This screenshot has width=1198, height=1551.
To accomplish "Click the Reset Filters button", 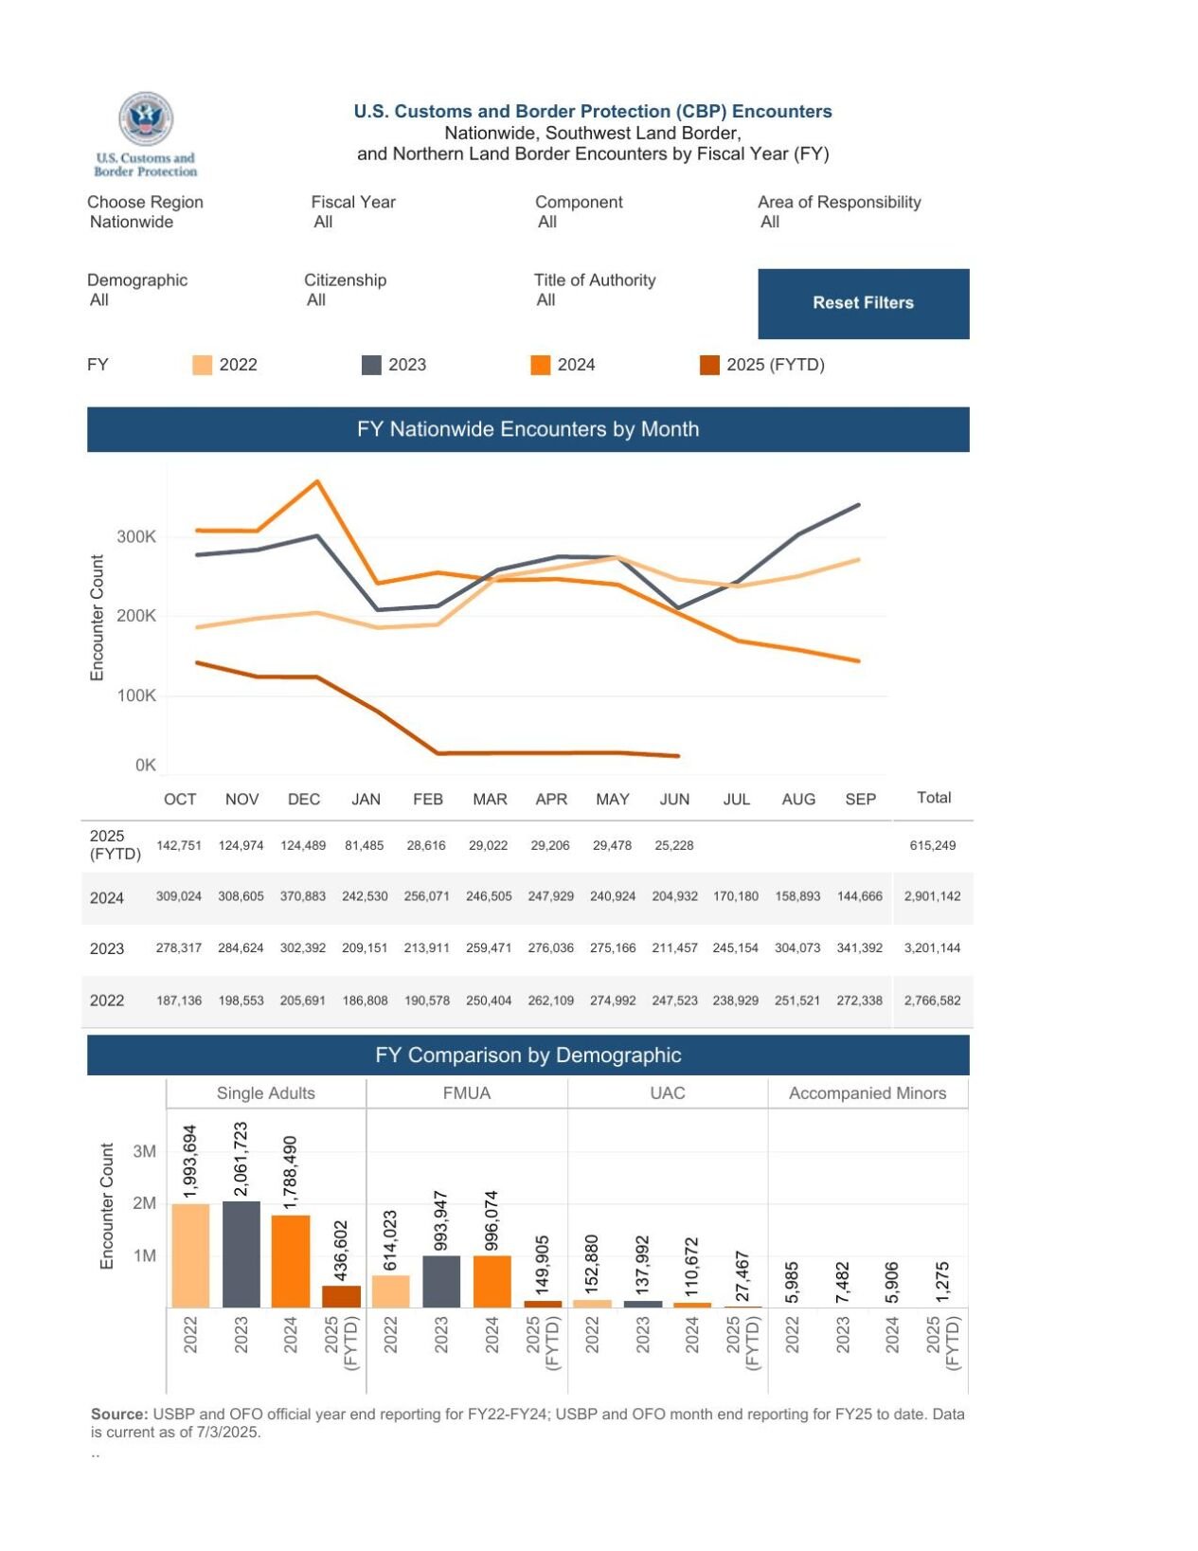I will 862,303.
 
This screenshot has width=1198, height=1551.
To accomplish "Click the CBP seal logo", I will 145,119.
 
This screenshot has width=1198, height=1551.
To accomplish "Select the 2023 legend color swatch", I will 371,365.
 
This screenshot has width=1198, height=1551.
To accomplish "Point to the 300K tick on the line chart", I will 136,536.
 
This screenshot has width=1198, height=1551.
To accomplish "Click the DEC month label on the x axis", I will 303,799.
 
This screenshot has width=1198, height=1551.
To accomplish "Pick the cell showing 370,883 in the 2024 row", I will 302,895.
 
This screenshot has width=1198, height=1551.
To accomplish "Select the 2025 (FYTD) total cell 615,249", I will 932,845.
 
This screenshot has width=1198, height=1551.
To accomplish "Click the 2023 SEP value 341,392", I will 859,947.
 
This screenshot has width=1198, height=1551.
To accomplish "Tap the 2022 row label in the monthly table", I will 107,1001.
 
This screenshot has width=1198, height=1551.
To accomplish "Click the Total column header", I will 933,797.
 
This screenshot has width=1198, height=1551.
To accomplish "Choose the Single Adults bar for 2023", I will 241,1254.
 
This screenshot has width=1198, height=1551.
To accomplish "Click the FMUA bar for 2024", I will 492,1281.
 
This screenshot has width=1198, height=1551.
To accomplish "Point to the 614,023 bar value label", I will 390,1240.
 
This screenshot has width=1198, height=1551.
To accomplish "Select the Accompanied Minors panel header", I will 867,1092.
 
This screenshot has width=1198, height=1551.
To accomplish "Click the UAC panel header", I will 667,1092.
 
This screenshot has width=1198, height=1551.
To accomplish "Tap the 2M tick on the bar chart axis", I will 144,1203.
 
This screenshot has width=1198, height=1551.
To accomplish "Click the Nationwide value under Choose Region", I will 132,222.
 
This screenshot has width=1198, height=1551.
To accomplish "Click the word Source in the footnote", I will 119,1414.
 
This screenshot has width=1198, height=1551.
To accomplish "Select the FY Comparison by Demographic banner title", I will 527,1055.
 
